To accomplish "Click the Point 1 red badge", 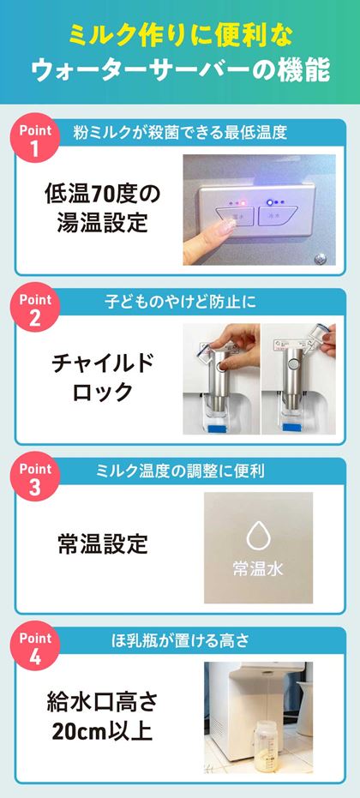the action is pos(35,138).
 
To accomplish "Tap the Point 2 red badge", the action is pos(35,308).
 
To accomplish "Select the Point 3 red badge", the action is pos(35,477).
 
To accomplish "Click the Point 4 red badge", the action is pos(35,646).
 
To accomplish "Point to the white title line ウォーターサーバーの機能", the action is pos(180,71).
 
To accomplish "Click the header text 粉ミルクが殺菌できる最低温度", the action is pos(180,132).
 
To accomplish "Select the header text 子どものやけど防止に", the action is pos(180,302).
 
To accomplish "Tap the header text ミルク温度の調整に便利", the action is pos(180,471).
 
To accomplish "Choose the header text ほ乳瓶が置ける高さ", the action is pos(180,641).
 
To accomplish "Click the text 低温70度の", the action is pos(102,194).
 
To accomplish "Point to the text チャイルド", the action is pos(102,363).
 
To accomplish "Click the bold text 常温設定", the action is pos(102,544).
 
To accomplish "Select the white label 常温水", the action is pos(258,568).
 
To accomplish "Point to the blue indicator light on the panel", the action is pos(270,202).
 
